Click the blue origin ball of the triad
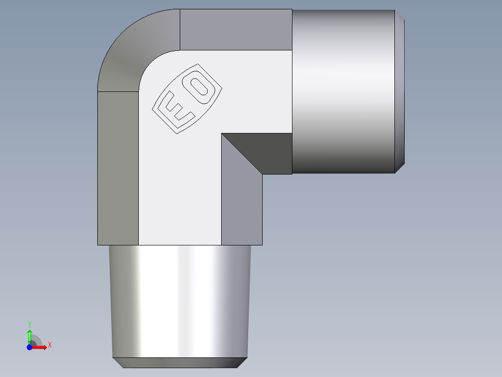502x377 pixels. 29,347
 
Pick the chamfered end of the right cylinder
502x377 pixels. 400,91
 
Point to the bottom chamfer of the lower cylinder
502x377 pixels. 179,363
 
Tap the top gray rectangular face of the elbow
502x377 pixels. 236,29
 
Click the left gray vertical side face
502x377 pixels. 118,168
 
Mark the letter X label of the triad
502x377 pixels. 50,345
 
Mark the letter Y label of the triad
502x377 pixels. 29,324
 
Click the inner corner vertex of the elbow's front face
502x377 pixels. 222,133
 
